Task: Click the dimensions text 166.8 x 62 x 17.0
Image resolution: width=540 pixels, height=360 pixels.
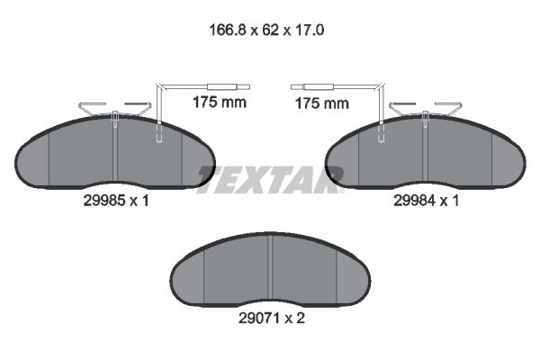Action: tap(266, 31)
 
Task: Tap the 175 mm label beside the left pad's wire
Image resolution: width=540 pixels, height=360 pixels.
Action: tap(220, 103)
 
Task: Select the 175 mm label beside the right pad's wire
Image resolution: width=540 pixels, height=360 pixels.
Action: tap(322, 103)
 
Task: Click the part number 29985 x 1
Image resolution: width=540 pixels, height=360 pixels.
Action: tap(116, 201)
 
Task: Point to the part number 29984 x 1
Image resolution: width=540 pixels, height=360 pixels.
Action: tap(427, 201)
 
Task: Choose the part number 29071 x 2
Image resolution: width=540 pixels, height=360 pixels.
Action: tap(272, 319)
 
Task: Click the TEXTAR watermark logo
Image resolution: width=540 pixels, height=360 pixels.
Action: tap(270, 179)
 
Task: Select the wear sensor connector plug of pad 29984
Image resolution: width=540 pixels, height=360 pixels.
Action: tap(312, 86)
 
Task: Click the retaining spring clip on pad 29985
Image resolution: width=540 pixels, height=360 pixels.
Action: tap(115, 109)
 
